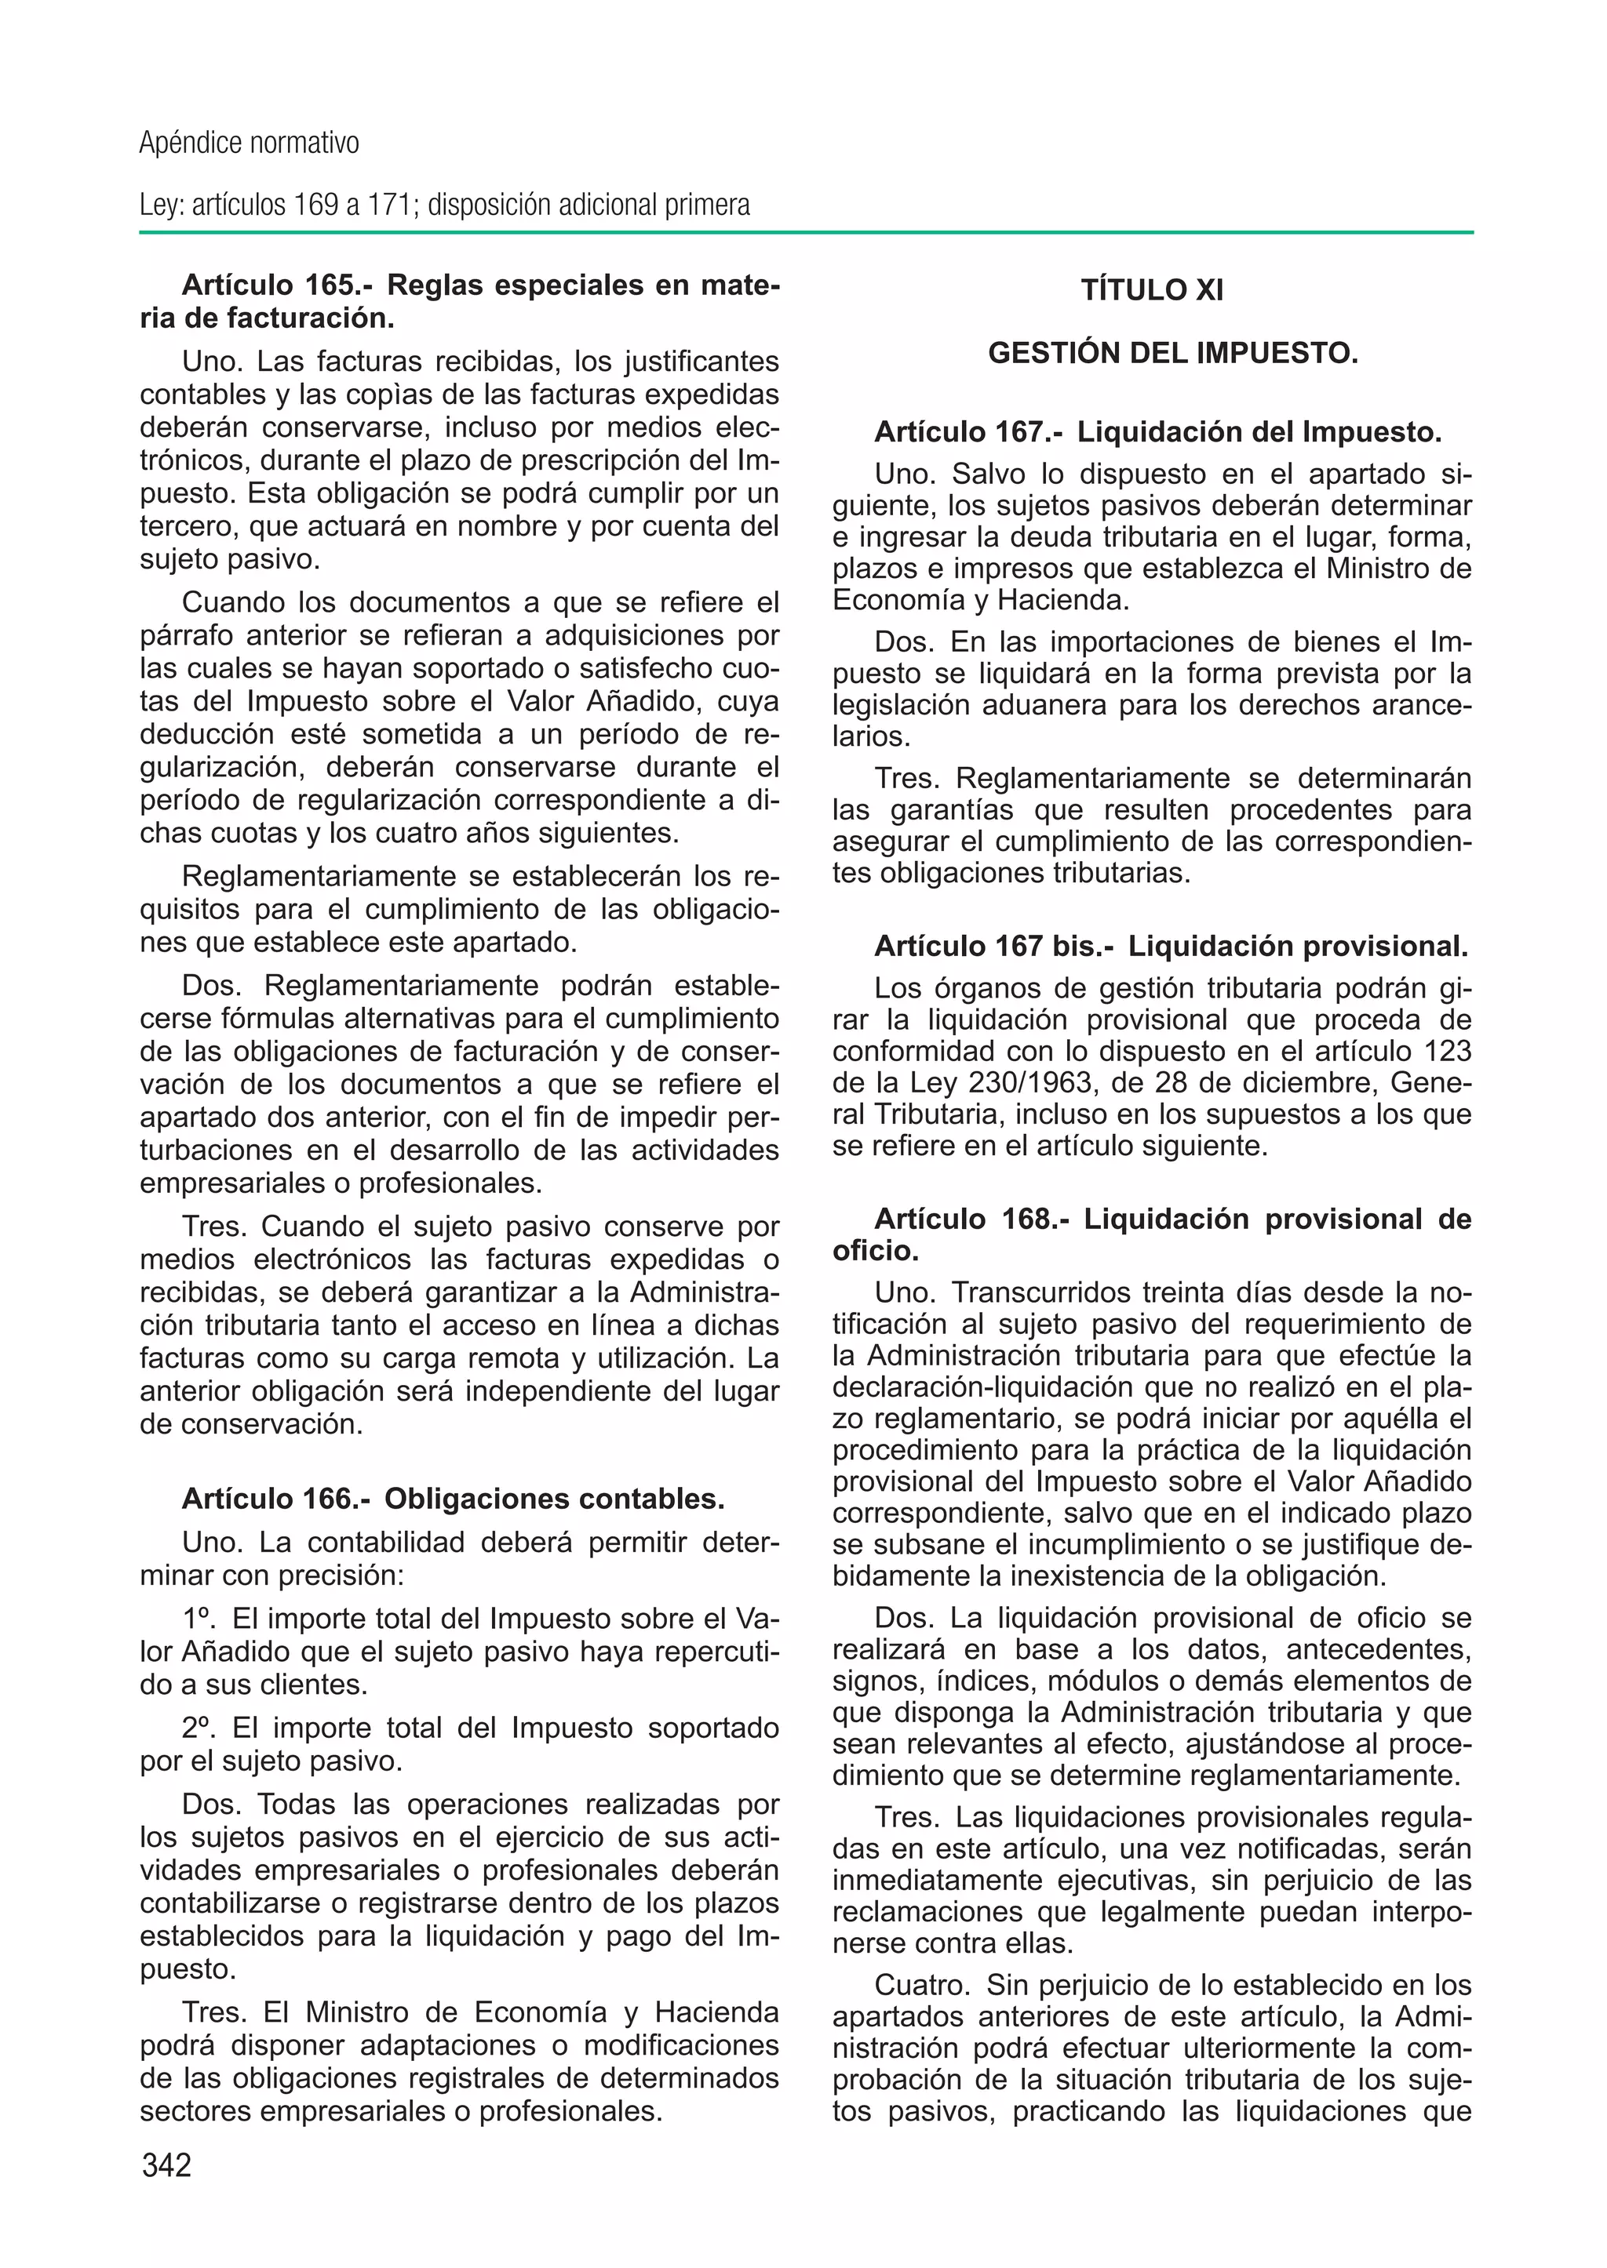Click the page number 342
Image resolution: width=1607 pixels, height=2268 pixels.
pos(166,2165)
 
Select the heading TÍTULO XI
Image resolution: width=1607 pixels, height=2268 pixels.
pos(1152,291)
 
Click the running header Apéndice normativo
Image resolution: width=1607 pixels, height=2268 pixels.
pos(249,144)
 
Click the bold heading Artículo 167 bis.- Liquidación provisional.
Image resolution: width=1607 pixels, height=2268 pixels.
pos(1171,947)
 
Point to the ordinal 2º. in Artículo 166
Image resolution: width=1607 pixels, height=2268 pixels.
pos(202,1728)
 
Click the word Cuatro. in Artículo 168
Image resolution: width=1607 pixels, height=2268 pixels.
pos(924,1985)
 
